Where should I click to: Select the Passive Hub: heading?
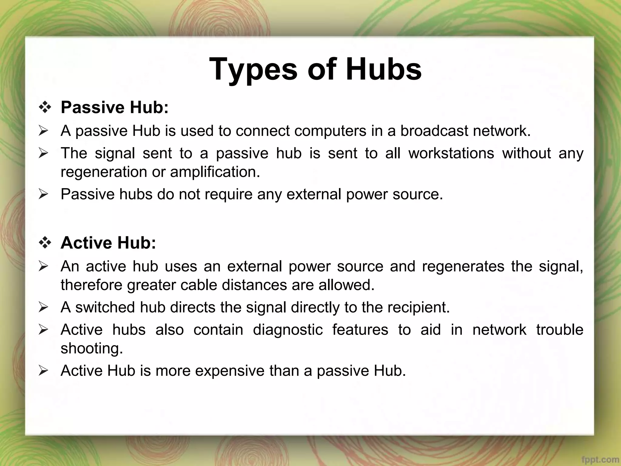pyautogui.click(x=114, y=107)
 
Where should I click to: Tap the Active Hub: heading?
pyautogui.click(x=108, y=243)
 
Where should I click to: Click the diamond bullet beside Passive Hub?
pyautogui.click(x=45, y=108)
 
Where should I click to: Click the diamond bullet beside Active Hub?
pyautogui.click(x=45, y=243)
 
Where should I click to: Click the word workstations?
pyautogui.click(x=451, y=153)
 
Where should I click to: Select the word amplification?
pyautogui.click(x=215, y=172)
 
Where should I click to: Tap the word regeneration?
pyautogui.click(x=104, y=172)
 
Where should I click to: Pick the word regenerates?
pyautogui.click(x=463, y=266)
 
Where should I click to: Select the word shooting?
pyautogui.click(x=92, y=348)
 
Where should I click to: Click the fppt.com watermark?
pyautogui.click(x=602, y=460)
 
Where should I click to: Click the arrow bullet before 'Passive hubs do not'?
pyautogui.click(x=44, y=194)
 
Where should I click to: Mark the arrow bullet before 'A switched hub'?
pyautogui.click(x=44, y=308)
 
